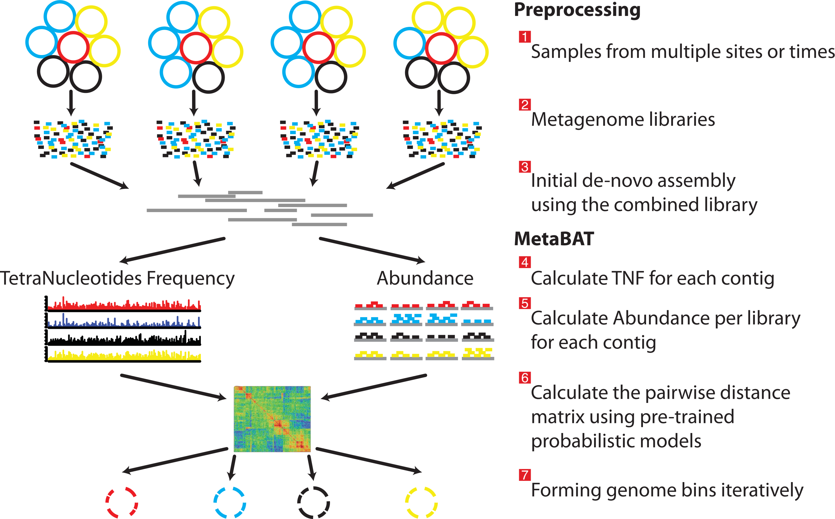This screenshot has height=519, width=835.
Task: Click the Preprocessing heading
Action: pos(577,10)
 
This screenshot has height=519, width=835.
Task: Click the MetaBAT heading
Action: pos(554,239)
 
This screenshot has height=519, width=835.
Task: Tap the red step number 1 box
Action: pos(524,37)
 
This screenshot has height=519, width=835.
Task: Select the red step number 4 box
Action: pos(524,262)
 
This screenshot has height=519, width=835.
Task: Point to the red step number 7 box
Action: pos(524,475)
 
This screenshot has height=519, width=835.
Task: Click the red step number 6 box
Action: pos(524,378)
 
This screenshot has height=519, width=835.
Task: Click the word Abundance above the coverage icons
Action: pos(425,278)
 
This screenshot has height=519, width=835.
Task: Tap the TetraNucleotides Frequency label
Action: pos(117,278)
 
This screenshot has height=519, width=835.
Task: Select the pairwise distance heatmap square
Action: pos(272,419)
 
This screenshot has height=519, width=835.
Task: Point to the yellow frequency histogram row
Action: pos(124,355)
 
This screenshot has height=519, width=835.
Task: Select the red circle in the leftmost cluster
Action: pos(73,47)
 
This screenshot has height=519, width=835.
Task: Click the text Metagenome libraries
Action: pos(623,120)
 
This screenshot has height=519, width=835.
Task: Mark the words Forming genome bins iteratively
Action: pos(667,490)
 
